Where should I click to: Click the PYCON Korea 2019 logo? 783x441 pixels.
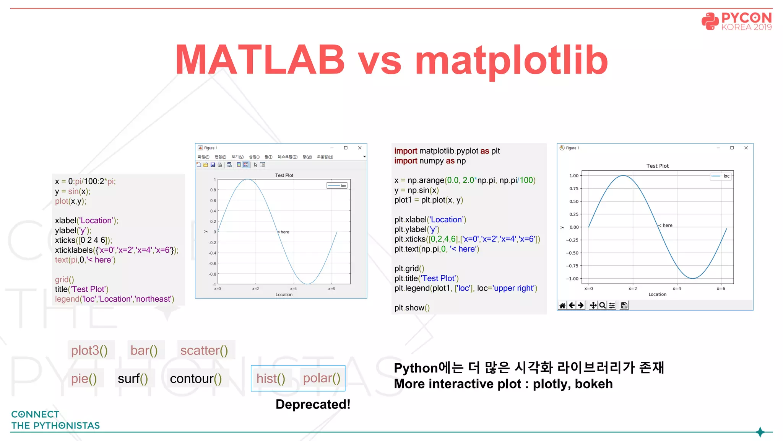coord(736,21)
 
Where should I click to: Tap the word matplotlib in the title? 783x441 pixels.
coord(511,60)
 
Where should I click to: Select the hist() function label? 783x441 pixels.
coord(271,379)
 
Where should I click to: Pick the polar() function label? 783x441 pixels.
coord(322,378)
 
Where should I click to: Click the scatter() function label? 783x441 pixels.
coord(204,350)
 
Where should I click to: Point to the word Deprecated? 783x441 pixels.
coord(313,404)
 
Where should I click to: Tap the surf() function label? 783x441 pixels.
coord(133,379)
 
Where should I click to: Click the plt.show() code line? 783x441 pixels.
coord(412,308)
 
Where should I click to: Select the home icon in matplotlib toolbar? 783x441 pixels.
coord(562,305)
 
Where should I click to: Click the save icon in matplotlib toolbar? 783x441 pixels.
coord(624,305)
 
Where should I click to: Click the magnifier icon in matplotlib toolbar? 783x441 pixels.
coord(602,305)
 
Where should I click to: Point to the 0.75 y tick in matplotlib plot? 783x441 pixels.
coord(573,188)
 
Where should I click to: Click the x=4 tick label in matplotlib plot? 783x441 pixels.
coord(677,289)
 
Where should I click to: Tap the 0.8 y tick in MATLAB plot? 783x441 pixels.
coord(213,190)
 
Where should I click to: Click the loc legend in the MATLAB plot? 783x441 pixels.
coord(337,186)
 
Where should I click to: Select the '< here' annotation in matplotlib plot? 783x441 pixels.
coord(666,225)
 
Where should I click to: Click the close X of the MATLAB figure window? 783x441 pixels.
coord(360,148)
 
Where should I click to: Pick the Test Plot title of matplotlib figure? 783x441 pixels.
coord(657,166)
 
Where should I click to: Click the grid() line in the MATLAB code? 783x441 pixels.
coord(64,279)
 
